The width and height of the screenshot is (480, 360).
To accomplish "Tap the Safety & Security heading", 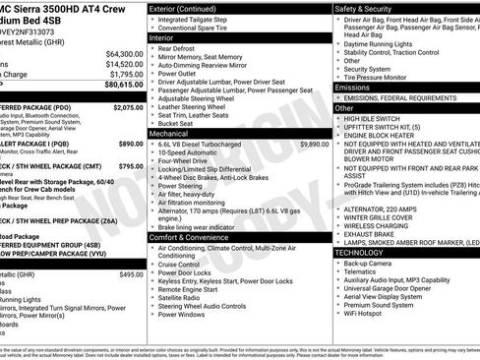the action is click(369, 8).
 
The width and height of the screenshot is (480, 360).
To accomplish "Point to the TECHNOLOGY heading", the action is click(359, 252).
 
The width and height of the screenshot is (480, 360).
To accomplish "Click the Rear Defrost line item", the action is click(177, 48).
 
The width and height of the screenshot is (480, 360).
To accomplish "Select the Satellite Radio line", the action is click(182, 298).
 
